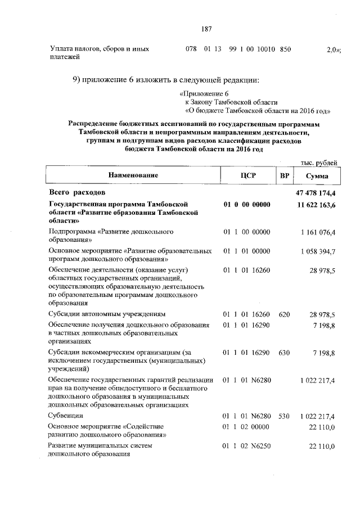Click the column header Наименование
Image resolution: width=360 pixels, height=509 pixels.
133,175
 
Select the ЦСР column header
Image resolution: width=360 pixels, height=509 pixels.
247,175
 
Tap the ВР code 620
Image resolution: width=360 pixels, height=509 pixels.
284,314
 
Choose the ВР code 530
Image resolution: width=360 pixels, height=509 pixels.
284,416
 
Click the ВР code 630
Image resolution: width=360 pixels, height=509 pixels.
284,353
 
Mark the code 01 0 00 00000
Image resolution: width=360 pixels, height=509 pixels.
247,204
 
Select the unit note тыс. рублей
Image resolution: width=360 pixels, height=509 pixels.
319,163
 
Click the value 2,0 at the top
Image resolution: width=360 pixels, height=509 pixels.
332,50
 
